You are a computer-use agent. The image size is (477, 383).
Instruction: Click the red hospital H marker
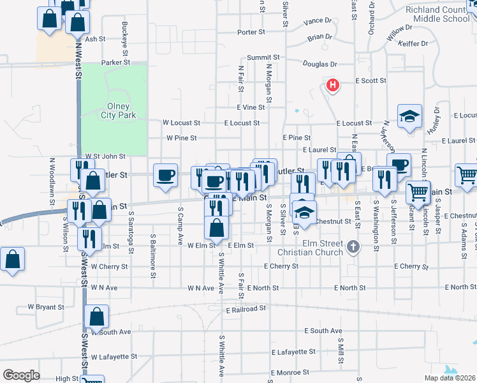[332, 84]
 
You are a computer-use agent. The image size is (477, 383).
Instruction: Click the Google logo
[21, 375]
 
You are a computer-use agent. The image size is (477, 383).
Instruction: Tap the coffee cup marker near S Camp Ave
[165, 175]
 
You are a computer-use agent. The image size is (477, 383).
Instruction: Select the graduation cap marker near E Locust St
[409, 116]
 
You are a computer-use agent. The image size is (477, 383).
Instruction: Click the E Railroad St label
[246, 309]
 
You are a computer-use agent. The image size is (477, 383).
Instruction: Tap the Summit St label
[260, 57]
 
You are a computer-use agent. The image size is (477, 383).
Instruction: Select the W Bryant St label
[46, 307]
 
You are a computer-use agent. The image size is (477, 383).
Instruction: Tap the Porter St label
[251, 32]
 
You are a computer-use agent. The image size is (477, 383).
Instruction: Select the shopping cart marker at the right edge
[466, 175]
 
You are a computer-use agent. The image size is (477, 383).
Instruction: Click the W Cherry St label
[109, 266]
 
